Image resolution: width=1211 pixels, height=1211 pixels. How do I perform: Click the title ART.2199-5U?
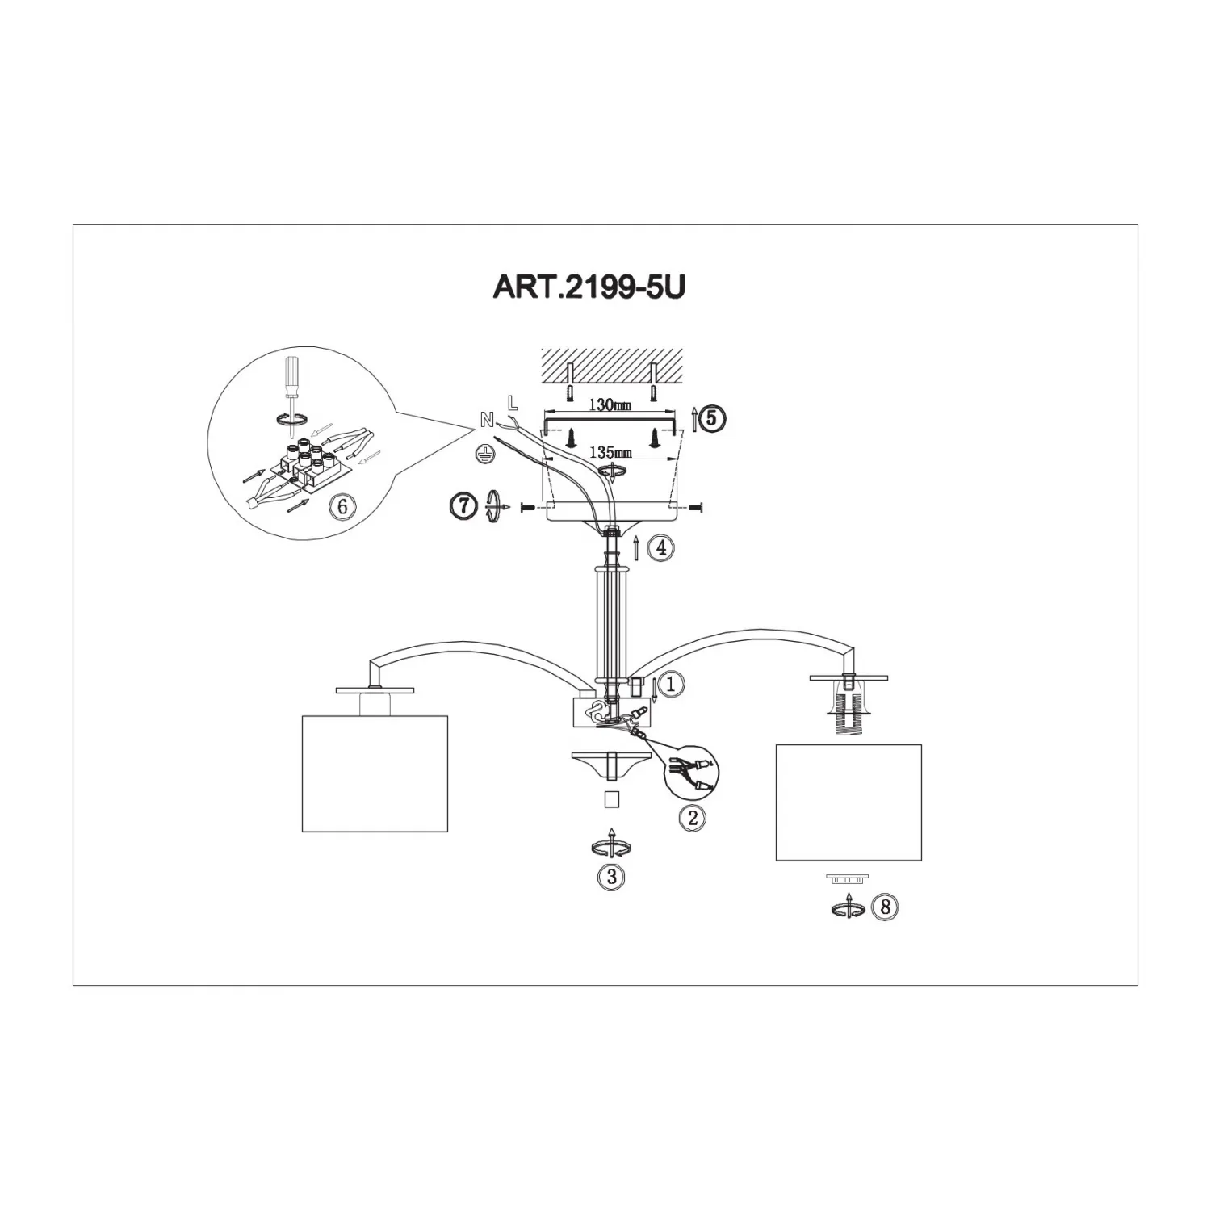point(589,287)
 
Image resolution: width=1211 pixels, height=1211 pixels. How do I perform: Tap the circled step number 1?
point(672,684)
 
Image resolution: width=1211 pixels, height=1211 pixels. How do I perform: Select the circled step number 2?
point(693,818)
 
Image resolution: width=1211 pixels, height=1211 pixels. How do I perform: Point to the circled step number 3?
point(611,877)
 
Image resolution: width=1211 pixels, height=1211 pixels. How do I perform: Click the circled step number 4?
point(661,548)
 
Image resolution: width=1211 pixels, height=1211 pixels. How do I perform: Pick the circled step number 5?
point(711,418)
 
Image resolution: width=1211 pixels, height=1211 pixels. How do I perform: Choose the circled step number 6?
point(342,506)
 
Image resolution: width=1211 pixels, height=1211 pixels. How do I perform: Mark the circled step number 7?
point(462,506)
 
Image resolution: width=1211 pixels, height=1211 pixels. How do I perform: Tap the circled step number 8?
point(885,907)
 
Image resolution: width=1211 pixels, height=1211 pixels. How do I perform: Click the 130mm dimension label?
point(610,405)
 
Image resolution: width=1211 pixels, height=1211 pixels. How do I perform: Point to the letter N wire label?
point(487,419)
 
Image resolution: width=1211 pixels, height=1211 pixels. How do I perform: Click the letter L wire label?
point(512,402)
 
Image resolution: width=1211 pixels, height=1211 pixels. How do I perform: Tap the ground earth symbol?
point(485,453)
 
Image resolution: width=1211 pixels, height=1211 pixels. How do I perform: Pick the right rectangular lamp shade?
point(849,802)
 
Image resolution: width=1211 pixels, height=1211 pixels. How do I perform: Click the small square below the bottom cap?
point(611,798)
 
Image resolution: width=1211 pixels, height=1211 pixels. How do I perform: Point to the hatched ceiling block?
point(611,367)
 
